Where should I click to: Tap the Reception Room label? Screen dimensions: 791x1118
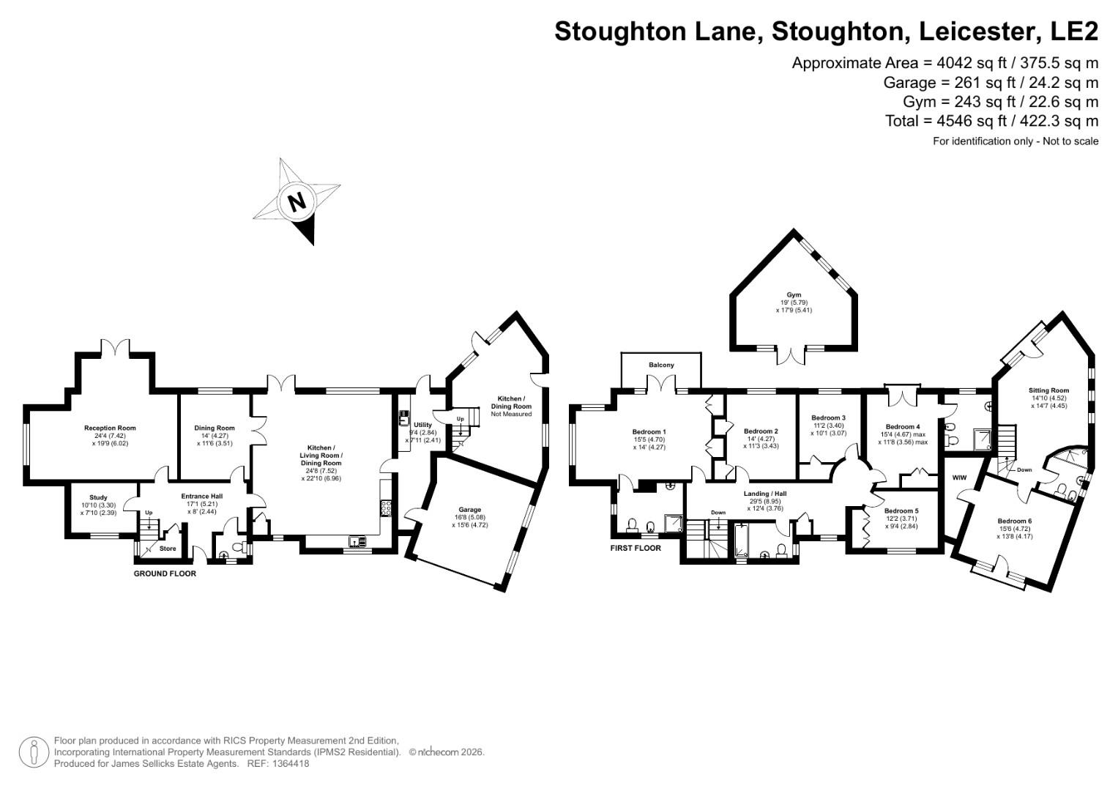click(x=110, y=428)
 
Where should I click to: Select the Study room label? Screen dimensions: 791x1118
click(x=98, y=498)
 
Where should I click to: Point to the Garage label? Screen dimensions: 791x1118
click(x=470, y=510)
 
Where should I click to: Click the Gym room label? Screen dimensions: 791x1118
click(x=794, y=295)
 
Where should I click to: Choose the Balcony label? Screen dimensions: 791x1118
click(x=661, y=365)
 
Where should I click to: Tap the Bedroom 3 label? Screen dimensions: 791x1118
click(x=829, y=418)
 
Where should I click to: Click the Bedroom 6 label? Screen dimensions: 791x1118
click(x=1014, y=521)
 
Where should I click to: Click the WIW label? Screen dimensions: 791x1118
click(x=960, y=478)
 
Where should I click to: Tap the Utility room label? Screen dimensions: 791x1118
click(x=423, y=425)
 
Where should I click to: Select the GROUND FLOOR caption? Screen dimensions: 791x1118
click(x=165, y=573)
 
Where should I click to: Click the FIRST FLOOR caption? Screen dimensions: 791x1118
click(x=636, y=548)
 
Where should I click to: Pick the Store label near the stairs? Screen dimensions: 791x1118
click(x=168, y=548)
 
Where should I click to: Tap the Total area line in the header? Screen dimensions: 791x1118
click(x=991, y=121)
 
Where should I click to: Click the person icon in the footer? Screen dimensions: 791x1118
click(x=34, y=752)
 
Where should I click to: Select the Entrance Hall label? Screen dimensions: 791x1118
click(x=201, y=497)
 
